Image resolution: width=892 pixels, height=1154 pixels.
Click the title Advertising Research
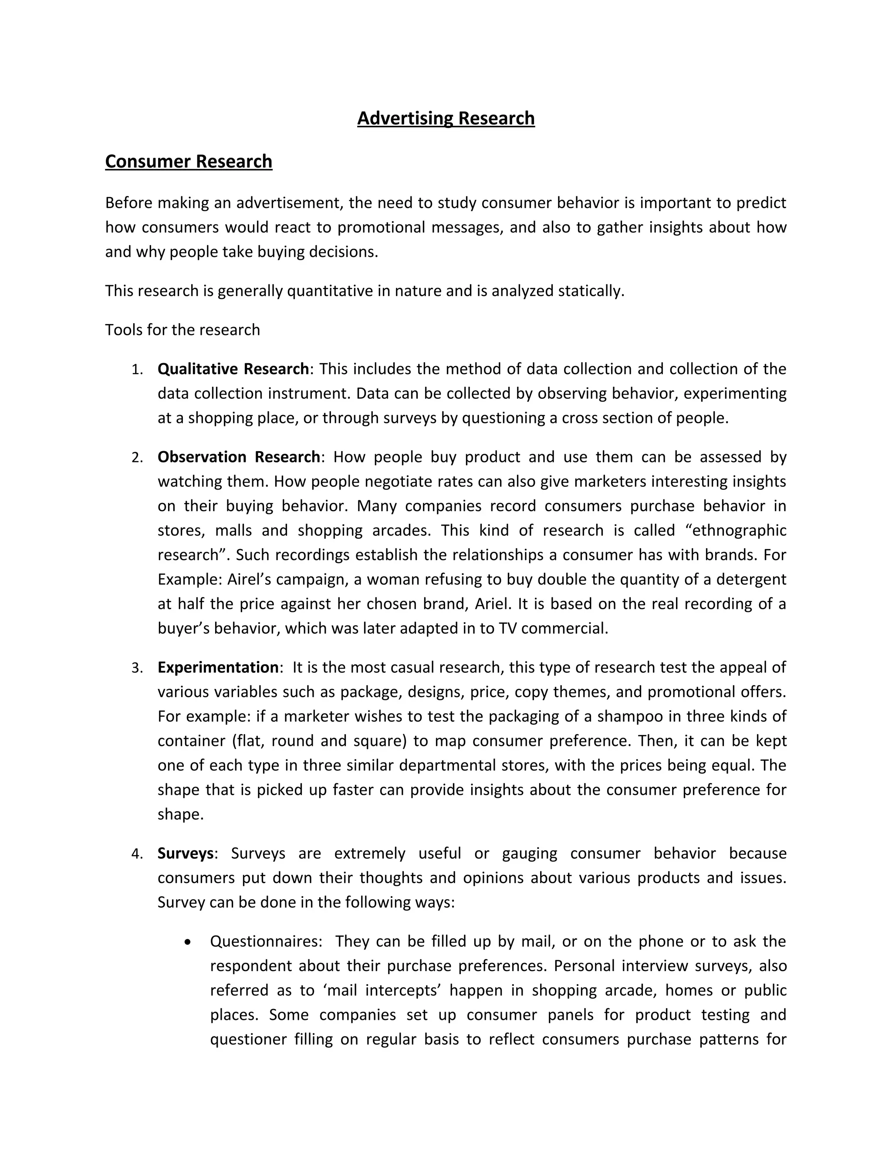tap(446, 118)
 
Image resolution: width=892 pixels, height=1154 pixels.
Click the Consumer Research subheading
tap(189, 161)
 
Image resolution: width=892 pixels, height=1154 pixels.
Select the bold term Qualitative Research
tap(233, 369)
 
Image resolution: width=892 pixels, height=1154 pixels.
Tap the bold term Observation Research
tap(238, 456)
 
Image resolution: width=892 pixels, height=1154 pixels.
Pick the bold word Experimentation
tap(218, 667)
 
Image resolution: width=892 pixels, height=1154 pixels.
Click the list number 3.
tap(137, 668)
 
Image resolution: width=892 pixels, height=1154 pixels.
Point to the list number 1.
tap(137, 370)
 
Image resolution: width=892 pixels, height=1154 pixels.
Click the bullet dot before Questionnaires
tap(188, 942)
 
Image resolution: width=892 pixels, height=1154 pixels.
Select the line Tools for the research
tap(182, 330)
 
